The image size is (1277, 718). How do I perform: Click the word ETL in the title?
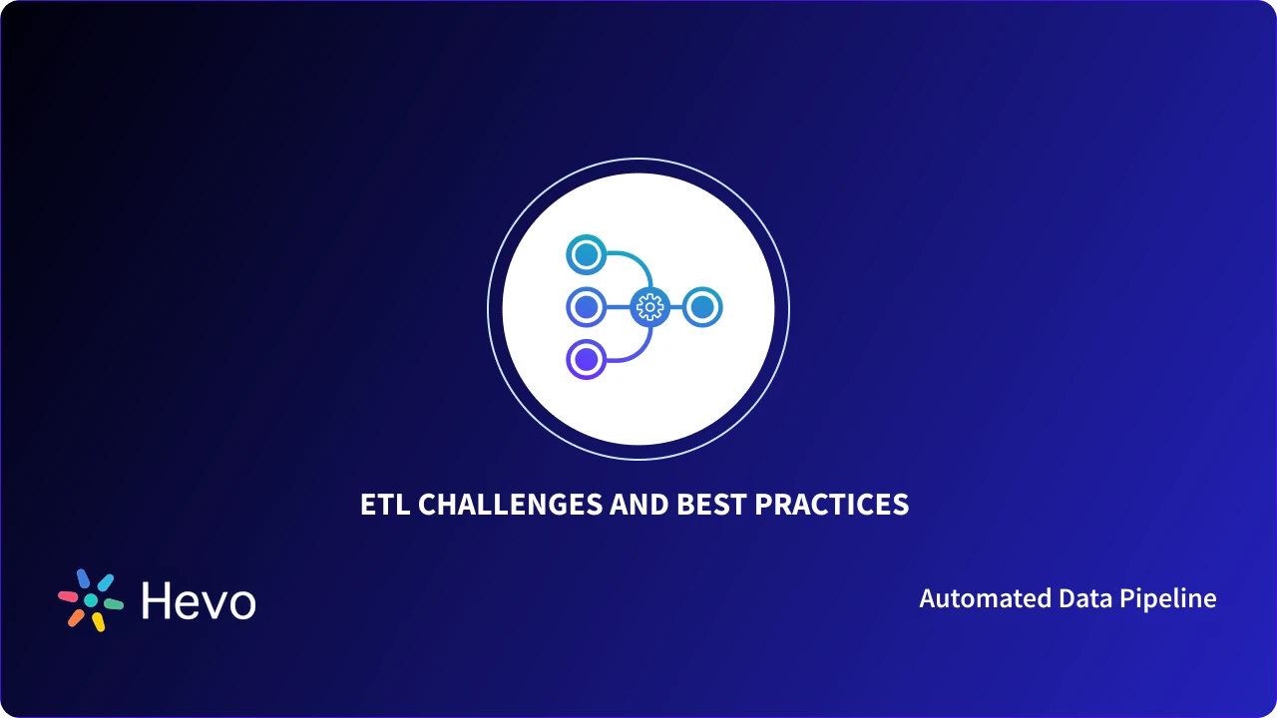[385, 505]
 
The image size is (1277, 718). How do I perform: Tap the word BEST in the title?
[712, 505]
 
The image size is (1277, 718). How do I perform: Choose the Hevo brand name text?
[199, 601]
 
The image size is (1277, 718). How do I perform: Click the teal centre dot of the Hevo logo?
[91, 600]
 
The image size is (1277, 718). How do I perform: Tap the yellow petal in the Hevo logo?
[99, 622]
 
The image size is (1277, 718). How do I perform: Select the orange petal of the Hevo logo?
[76, 617]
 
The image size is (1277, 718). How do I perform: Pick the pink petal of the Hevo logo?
[68, 596]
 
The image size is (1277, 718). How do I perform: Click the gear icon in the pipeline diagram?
[649, 307]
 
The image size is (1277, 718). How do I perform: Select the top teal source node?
[587, 254]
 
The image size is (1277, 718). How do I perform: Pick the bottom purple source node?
[587, 359]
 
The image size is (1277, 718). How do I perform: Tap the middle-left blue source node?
[587, 307]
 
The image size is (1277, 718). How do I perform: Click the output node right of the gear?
[702, 307]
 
